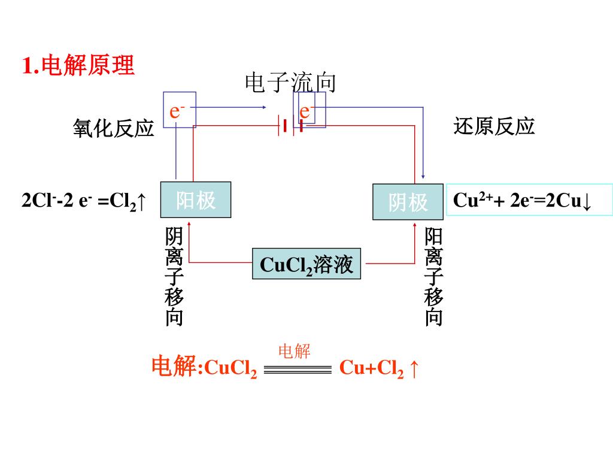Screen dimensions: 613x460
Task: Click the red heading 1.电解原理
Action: (x=78, y=65)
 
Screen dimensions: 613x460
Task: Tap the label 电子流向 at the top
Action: (x=290, y=83)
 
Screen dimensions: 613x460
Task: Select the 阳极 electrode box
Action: (x=196, y=200)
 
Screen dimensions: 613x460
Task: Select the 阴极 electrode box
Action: (x=408, y=202)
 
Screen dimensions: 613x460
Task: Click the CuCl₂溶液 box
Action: (x=306, y=264)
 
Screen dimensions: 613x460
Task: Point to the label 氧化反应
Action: (x=113, y=128)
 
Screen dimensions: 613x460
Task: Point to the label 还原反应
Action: (x=494, y=126)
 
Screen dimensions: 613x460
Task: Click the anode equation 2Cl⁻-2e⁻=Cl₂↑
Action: (x=84, y=201)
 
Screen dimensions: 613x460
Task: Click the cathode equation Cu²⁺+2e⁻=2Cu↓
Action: (x=522, y=200)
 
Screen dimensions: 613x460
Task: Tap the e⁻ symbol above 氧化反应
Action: (x=177, y=111)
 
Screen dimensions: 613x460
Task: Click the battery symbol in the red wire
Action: (x=290, y=126)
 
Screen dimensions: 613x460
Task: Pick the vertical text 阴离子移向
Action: (x=174, y=276)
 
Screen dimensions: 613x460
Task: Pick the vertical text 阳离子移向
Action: (x=433, y=276)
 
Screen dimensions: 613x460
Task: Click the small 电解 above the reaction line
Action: (x=295, y=351)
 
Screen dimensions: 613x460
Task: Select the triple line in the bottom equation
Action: (x=298, y=370)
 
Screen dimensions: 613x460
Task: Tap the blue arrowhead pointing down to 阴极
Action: (x=423, y=177)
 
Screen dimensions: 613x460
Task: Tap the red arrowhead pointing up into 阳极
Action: (x=189, y=224)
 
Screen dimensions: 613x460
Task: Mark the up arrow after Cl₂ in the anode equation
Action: (x=141, y=201)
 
